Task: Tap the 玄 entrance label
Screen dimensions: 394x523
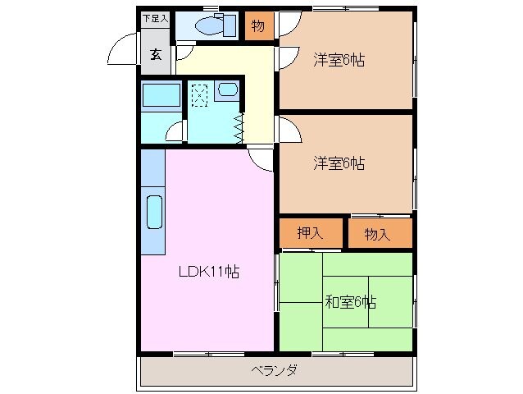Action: (x=154, y=55)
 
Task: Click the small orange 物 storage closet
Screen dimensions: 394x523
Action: (x=257, y=26)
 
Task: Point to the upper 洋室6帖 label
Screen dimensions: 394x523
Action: (x=339, y=60)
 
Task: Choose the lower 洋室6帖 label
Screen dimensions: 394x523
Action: (x=339, y=163)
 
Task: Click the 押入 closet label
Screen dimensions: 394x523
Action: (x=310, y=234)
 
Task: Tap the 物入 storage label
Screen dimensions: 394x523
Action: (x=377, y=235)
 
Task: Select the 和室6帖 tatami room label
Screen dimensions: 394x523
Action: (x=350, y=302)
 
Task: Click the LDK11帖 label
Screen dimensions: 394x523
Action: (x=210, y=273)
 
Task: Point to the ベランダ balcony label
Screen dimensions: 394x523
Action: (x=274, y=370)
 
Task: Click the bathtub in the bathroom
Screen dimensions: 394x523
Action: (x=160, y=96)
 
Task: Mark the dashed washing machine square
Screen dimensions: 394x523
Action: (x=199, y=94)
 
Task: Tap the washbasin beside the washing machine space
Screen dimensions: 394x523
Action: (x=228, y=90)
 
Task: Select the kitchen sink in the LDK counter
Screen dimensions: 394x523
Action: (x=153, y=213)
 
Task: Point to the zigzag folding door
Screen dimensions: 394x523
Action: (x=239, y=125)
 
